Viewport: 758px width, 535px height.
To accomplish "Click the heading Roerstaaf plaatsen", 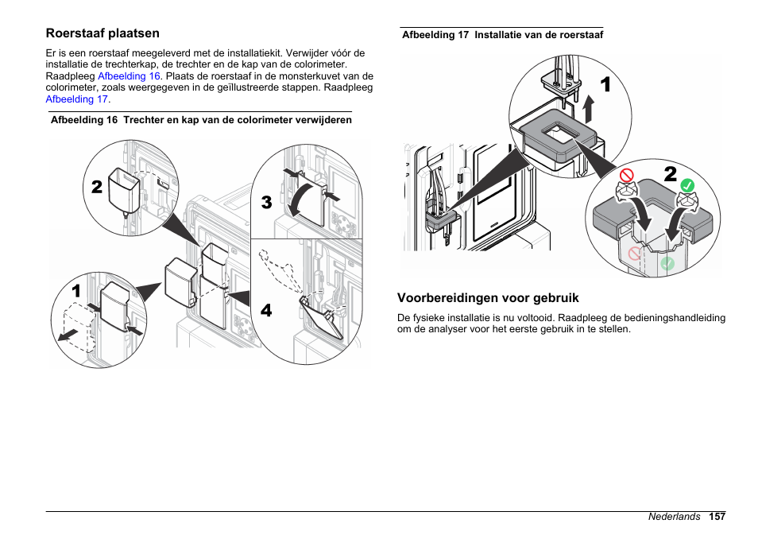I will [102, 33].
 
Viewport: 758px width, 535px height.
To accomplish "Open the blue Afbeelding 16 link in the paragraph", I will [130, 76].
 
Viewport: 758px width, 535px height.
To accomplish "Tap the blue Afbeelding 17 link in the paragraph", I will [77, 99].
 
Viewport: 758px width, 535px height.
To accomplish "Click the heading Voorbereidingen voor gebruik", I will [488, 298].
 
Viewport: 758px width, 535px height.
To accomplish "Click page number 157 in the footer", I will [717, 517].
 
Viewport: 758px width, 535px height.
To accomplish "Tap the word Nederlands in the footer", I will [674, 517].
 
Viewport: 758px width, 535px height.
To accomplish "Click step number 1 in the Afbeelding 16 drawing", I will [75, 292].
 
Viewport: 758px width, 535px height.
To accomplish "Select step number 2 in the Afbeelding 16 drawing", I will [96, 187].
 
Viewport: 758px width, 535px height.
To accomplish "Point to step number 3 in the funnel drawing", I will [266, 203].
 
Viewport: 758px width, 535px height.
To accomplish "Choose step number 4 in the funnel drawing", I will [266, 311].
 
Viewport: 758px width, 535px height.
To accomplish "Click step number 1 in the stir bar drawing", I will [605, 85].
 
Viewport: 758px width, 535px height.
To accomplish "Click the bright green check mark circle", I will [688, 184].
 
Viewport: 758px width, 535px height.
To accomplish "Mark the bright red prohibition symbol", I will [627, 173].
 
